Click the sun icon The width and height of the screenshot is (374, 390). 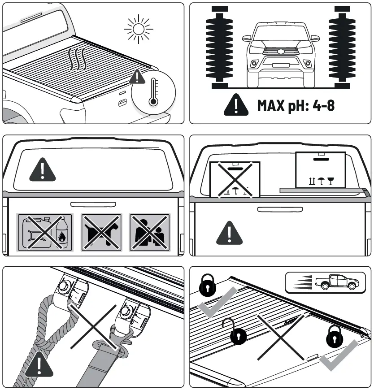click(x=139, y=29)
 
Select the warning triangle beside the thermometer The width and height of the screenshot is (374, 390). click(x=136, y=78)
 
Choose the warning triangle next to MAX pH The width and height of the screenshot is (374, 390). click(x=236, y=105)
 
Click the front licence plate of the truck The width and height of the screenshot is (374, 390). click(x=281, y=65)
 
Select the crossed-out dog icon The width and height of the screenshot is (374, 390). click(x=100, y=232)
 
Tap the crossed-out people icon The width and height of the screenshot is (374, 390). click(x=149, y=232)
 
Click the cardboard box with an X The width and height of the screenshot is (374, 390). click(x=235, y=179)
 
